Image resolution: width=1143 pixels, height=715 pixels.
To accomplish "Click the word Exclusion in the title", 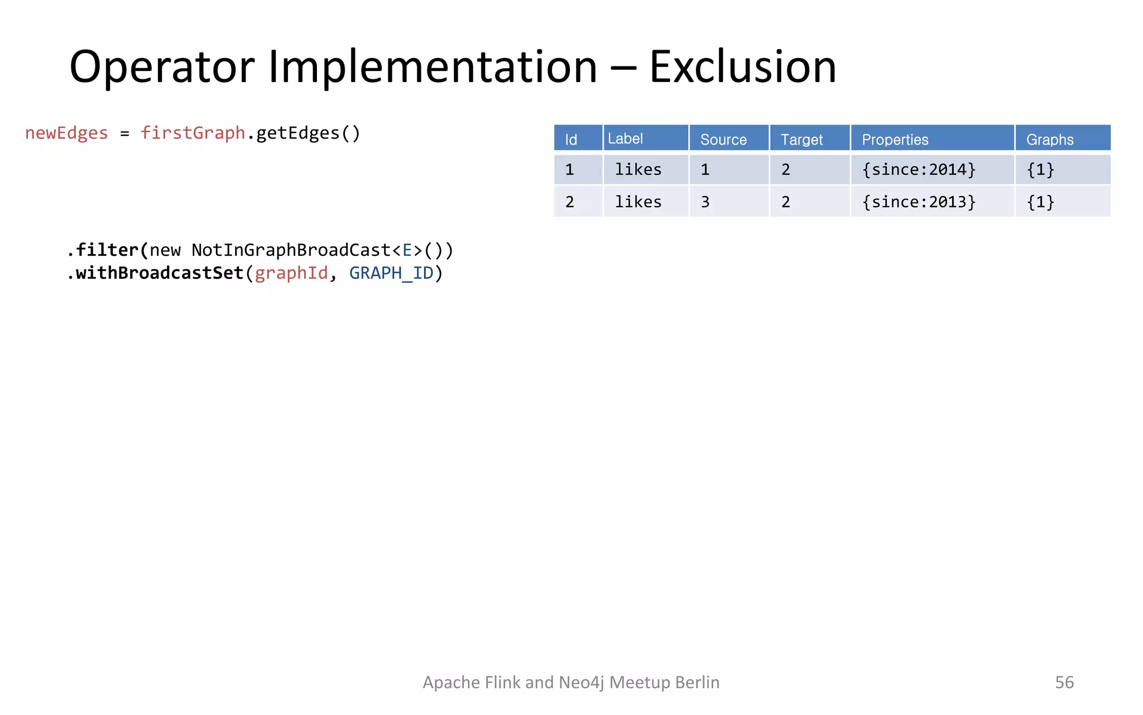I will tap(742, 67).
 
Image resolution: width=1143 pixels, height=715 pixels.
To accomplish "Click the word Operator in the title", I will tap(162, 67).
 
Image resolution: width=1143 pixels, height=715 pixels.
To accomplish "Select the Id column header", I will tap(571, 139).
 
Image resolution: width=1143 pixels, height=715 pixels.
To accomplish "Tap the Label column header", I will tap(625, 139).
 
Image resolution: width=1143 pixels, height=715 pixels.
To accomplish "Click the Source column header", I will tap(723, 139).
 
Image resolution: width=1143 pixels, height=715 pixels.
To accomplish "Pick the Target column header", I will tap(801, 139).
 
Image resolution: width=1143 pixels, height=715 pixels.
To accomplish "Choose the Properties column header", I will tap(895, 139).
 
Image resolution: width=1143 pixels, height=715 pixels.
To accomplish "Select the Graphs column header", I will tap(1049, 139).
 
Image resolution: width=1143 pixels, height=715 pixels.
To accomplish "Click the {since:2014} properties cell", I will tap(919, 169).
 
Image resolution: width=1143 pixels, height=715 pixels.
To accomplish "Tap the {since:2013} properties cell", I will tap(919, 202).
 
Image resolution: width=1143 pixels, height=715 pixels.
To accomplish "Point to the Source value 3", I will tap(705, 202).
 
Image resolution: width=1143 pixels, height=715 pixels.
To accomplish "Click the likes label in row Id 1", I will tap(638, 169).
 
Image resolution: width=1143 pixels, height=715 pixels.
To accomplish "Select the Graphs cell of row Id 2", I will tap(1040, 202).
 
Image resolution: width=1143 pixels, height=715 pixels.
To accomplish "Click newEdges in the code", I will tap(66, 133).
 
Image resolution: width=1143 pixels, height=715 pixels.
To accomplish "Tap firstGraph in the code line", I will tap(193, 133).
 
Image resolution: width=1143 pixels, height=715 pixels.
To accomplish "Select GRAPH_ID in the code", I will tap(391, 273).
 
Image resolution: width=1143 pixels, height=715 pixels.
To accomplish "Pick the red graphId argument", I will tap(291, 273).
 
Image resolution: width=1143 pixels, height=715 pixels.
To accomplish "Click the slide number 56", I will tap(1064, 682).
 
